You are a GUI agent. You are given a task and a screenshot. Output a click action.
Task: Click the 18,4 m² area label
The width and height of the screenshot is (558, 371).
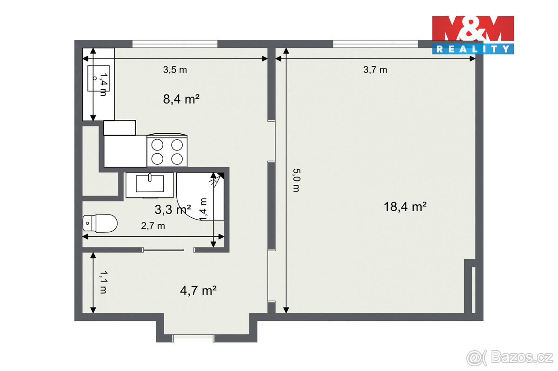tap(405, 207)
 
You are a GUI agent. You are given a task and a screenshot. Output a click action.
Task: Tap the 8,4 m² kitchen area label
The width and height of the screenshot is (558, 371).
tap(181, 99)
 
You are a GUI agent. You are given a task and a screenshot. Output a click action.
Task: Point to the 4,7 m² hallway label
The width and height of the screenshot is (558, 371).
tap(199, 291)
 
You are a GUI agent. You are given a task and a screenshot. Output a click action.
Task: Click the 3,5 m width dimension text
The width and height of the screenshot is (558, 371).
tap(174, 70)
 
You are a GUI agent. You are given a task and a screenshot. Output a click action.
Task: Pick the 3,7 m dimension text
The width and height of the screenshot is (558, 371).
tap(375, 70)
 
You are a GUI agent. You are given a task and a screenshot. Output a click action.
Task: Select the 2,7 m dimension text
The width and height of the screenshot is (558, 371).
tap(153, 226)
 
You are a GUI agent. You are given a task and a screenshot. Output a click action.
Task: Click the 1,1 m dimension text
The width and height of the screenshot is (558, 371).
tap(102, 283)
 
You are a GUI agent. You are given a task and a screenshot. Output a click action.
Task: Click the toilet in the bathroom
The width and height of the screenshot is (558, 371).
tap(100, 223)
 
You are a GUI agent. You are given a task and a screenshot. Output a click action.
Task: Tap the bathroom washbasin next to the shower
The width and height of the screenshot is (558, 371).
tap(149, 183)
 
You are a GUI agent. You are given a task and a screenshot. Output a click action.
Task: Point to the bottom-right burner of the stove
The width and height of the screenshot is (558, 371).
tap(177, 159)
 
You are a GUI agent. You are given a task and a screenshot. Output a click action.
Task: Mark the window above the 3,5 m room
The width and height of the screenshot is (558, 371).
tap(175, 44)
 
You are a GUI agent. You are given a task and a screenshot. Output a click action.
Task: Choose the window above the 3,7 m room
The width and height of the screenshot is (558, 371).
tap(375, 44)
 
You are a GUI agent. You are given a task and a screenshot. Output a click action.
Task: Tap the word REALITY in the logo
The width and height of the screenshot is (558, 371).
tap(473, 48)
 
